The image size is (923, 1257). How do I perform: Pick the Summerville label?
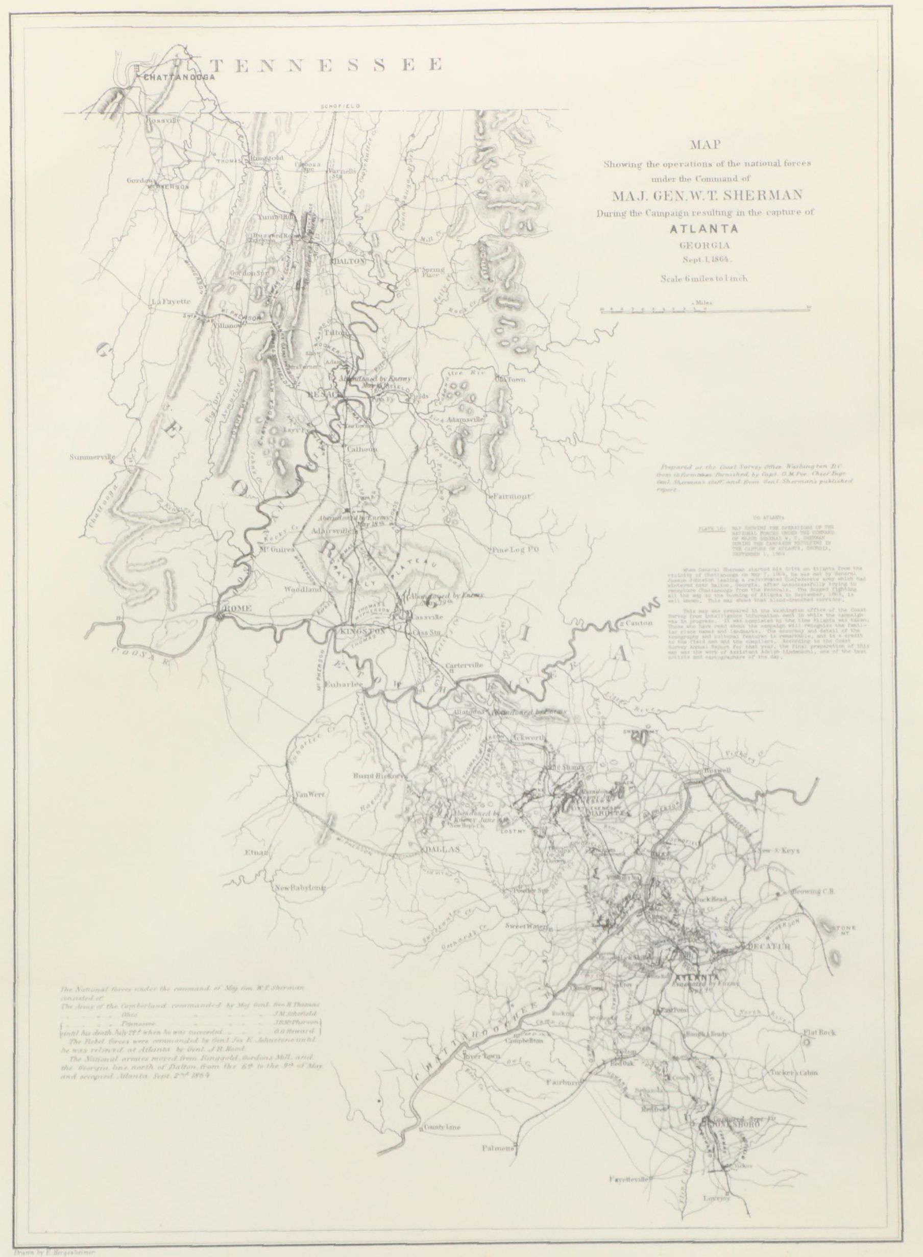click(92, 457)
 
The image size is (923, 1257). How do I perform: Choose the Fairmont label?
click(513, 496)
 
